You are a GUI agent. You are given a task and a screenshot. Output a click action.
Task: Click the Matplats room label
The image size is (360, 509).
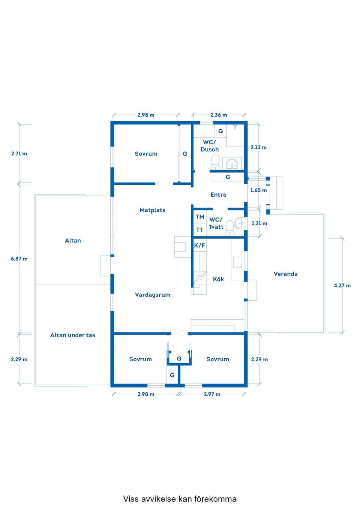pyautogui.click(x=153, y=210)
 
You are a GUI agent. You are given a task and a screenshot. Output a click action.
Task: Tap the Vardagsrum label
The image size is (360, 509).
pyautogui.click(x=153, y=295)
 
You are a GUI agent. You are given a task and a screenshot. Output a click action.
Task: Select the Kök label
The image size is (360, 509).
pyautogui.click(x=218, y=279)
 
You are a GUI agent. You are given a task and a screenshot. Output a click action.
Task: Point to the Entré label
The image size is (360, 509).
pyautogui.click(x=218, y=195)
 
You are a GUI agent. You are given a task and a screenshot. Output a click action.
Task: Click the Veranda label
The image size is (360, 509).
pyautogui.click(x=286, y=274)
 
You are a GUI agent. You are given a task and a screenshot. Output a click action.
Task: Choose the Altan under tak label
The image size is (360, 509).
pyautogui.click(x=73, y=335)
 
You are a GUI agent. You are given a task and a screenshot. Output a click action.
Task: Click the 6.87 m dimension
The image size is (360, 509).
pyautogui.click(x=19, y=259)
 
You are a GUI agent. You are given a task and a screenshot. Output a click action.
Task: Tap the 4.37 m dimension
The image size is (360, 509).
pyautogui.click(x=342, y=285)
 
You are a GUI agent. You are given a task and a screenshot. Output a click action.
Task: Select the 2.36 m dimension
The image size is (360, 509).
pyautogui.click(x=219, y=115)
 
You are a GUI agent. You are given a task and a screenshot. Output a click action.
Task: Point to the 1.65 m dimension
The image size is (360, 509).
pyautogui.click(x=259, y=190)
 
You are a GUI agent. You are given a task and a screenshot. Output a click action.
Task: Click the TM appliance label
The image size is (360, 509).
pyautogui.click(x=200, y=217)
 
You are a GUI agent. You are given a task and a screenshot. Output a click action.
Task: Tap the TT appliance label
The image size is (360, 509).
pyautogui.click(x=199, y=230)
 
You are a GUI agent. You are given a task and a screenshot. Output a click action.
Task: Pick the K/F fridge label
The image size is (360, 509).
pyautogui.click(x=199, y=246)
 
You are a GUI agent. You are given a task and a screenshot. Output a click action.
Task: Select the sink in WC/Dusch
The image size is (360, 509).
pyautogui.click(x=232, y=163)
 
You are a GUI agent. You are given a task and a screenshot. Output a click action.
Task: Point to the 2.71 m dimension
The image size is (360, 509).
pyautogui.click(x=19, y=154)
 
